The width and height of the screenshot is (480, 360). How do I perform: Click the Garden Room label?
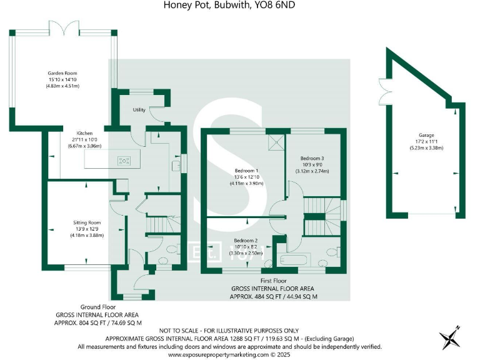coord(62,73)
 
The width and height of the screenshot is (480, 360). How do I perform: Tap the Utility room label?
coord(139,109)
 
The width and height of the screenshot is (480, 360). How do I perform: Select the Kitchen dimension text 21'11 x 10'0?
coord(84,139)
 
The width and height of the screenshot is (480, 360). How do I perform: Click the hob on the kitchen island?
coord(124,161)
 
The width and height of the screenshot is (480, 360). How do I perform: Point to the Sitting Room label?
coord(87,222)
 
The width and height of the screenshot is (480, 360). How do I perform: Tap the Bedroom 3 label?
coord(312,158)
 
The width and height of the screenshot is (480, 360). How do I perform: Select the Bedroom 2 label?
coord(246,241)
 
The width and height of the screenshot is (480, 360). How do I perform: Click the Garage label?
coord(426,135)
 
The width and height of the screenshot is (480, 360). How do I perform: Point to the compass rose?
coord(449,338)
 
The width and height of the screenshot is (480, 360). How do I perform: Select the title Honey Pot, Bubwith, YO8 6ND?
coord(229,5)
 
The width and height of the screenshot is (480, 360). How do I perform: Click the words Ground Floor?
coord(98,307)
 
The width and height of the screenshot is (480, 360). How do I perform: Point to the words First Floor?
coord(273,281)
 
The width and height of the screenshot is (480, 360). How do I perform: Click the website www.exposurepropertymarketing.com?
coord(218,355)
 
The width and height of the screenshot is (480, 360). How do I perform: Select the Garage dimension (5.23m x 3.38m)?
coord(426,148)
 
